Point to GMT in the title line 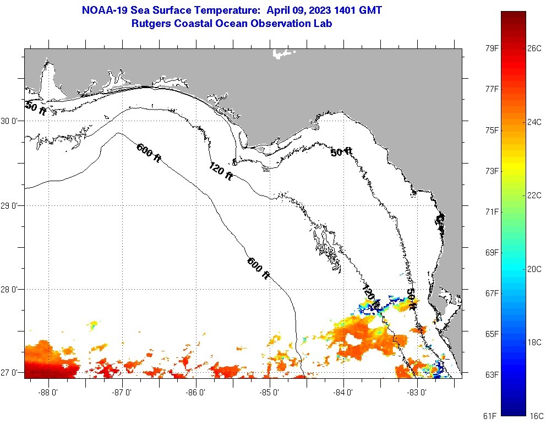(370, 10)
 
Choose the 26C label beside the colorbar (534, 48)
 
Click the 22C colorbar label (534, 195)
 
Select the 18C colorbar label (534, 342)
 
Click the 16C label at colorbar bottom (534, 415)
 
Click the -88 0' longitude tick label (48, 393)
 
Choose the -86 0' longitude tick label (196, 393)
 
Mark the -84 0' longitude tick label (343, 393)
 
